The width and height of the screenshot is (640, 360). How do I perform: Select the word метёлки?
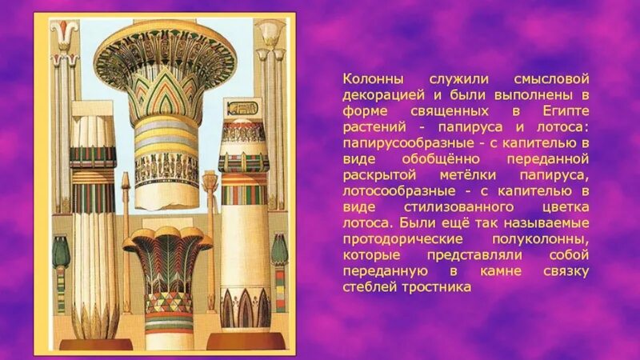[488, 175]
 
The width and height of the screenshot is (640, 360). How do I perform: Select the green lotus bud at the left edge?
[61, 252]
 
